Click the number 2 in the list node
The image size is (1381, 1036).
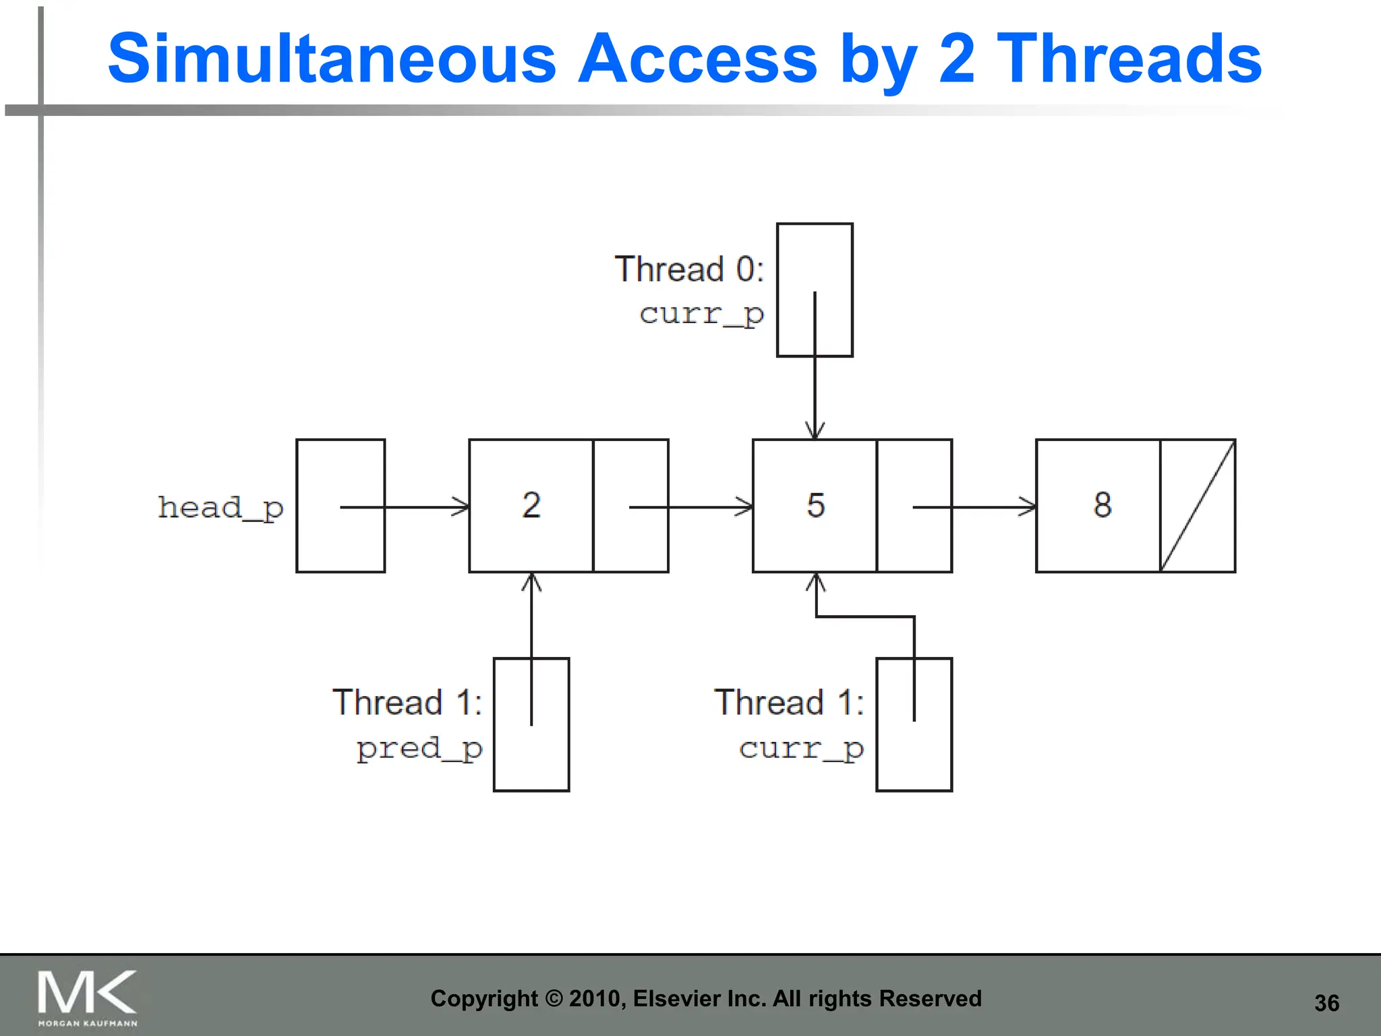531,505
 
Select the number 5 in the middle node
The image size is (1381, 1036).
816,505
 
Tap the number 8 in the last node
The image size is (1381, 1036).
1103,505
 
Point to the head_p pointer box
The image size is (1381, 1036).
341,506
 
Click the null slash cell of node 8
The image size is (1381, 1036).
1198,506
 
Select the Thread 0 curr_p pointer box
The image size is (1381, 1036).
815,290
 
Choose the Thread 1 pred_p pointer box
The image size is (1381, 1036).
531,724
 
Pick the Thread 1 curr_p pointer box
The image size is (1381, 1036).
914,724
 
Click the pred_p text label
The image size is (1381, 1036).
419,749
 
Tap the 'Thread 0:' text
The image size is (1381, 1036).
689,269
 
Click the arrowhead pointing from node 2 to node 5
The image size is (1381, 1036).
746,507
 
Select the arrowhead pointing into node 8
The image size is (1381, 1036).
1029,507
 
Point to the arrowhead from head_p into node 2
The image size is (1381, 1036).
462,507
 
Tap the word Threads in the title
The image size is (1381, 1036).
1129,59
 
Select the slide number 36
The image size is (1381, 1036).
1326,1003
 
